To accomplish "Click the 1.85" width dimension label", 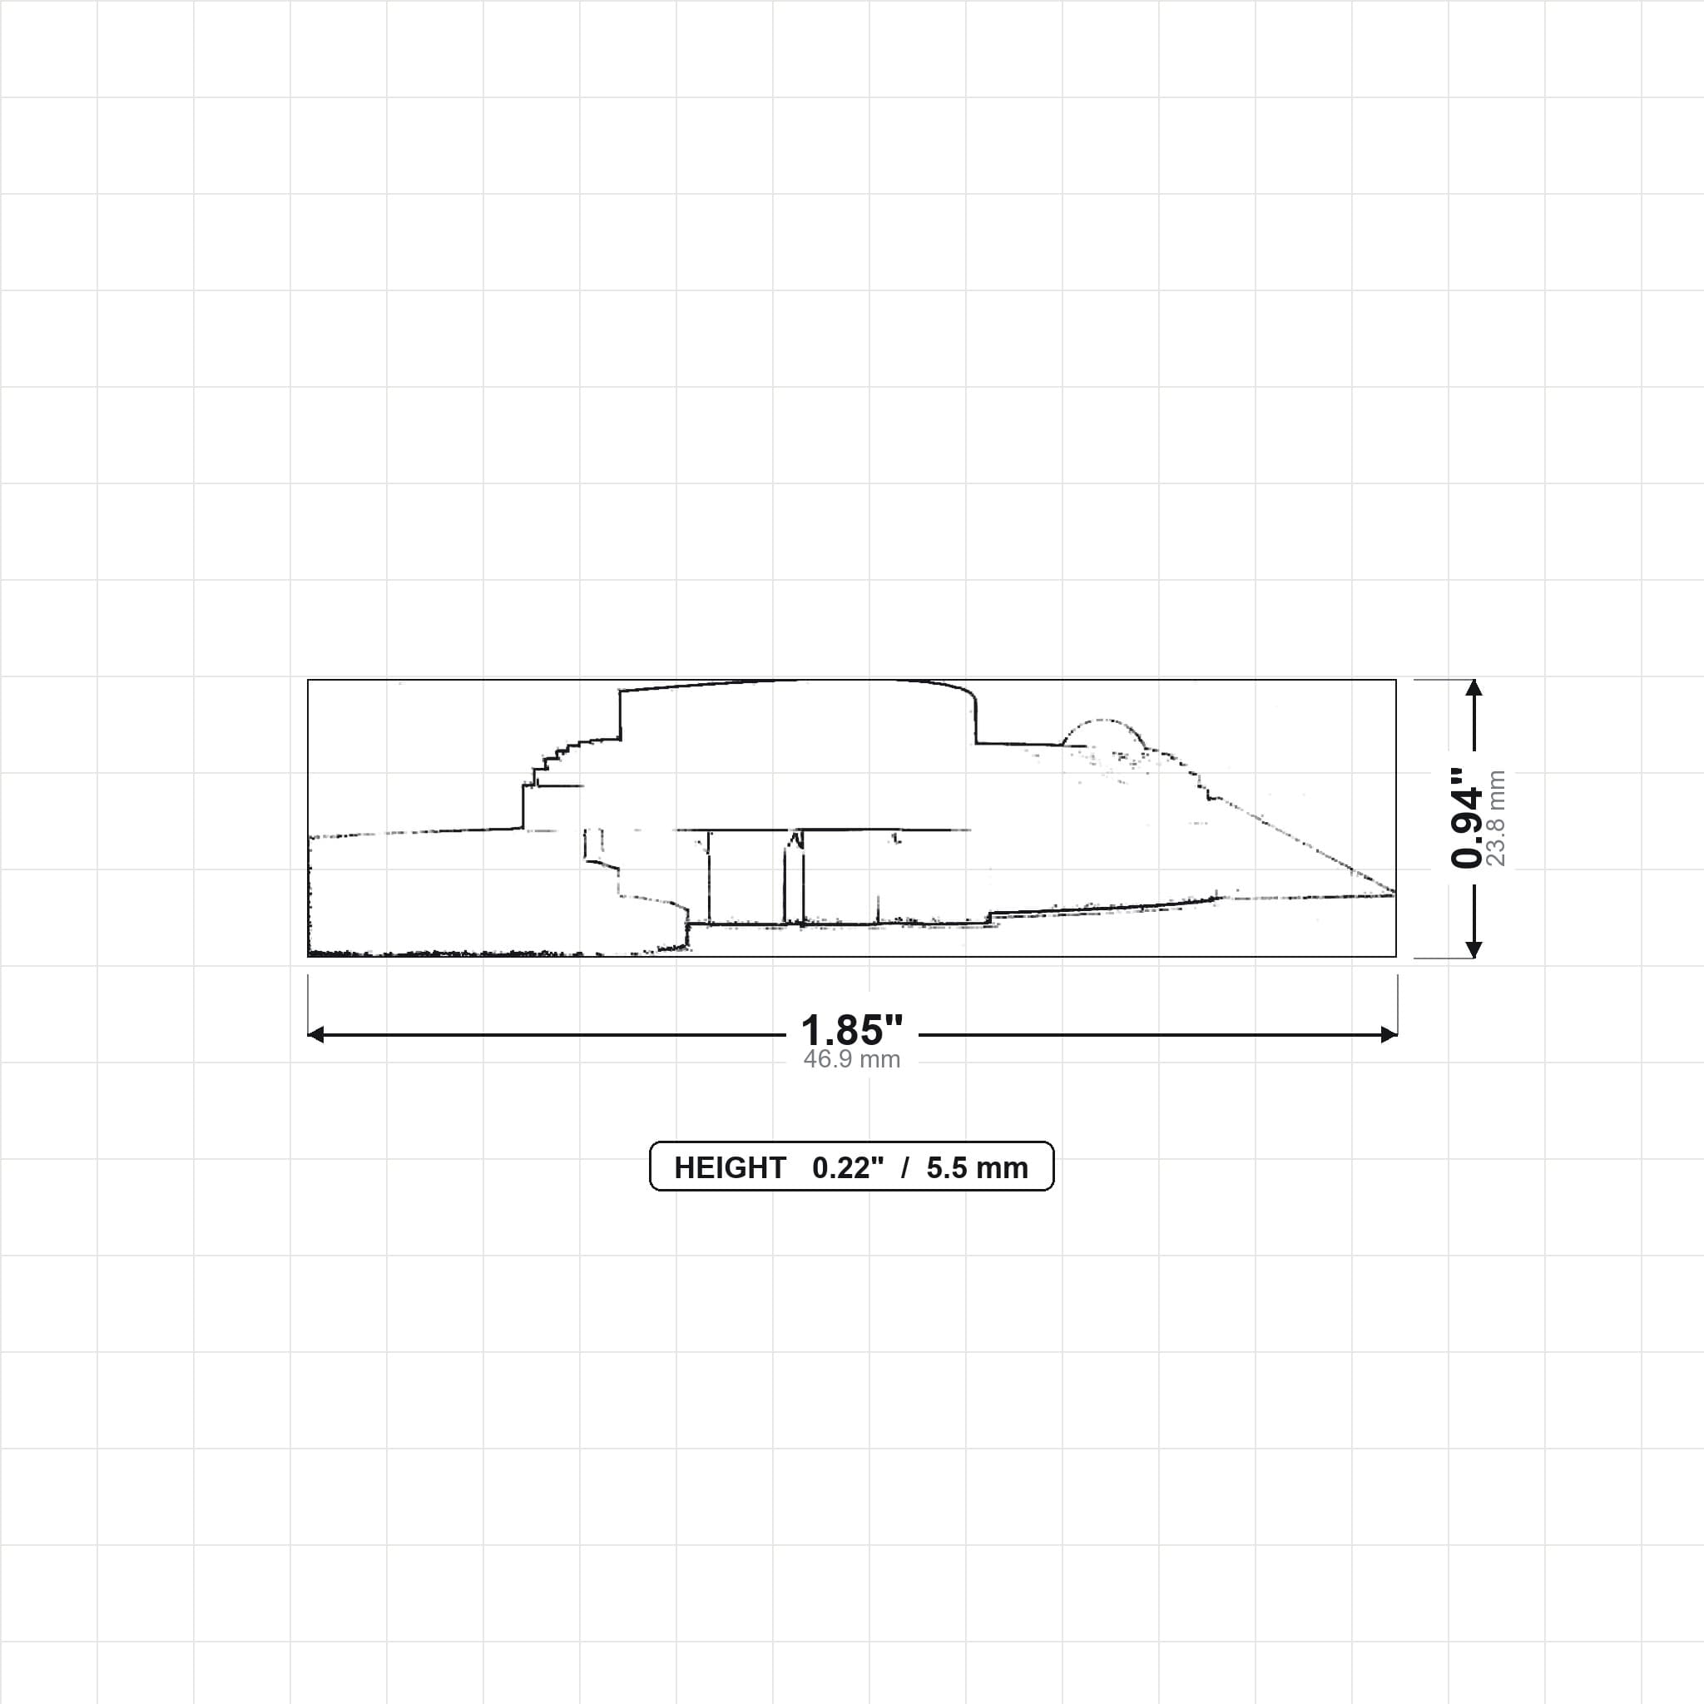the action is (x=851, y=1029).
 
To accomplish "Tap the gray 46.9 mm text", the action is (x=851, y=1059).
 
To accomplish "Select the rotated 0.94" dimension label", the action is (x=1468, y=818).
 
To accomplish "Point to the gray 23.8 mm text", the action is (x=1496, y=818).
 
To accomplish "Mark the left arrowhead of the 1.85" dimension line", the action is (x=315, y=1034).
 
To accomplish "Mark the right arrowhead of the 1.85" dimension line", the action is (x=1389, y=1034).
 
